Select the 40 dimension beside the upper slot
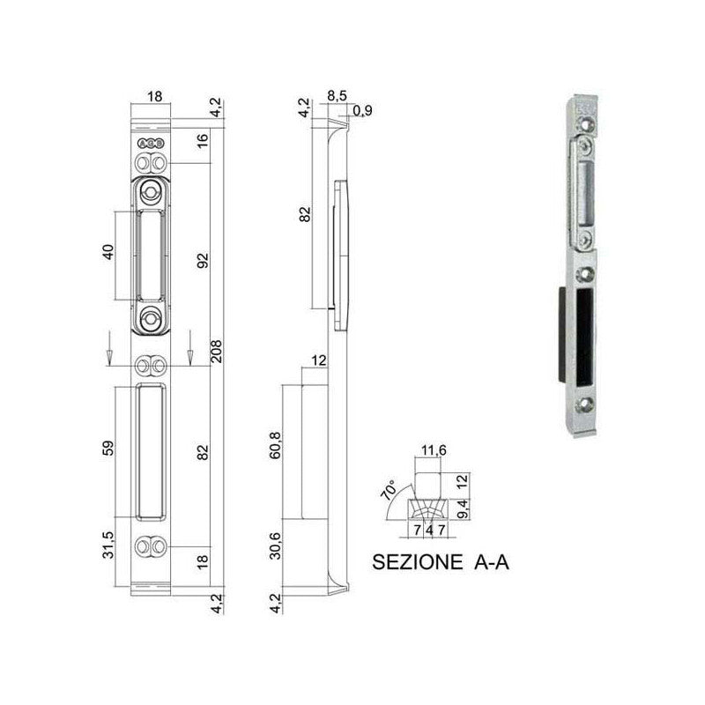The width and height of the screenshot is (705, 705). [108, 254]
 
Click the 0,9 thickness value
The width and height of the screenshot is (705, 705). [360, 111]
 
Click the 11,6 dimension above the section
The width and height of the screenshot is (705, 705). [432, 452]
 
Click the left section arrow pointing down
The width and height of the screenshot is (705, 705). [108, 349]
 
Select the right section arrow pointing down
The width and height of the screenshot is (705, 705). [189, 349]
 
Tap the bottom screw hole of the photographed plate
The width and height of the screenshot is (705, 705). [586, 406]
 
